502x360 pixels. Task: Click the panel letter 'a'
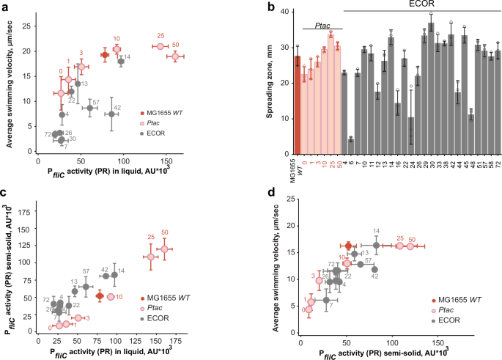pyautogui.click(x=6, y=8)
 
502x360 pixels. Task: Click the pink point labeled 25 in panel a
pyautogui.click(x=160, y=46)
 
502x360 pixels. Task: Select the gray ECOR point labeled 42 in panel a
pyautogui.click(x=111, y=114)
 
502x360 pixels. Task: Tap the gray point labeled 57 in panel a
pyautogui.click(x=89, y=108)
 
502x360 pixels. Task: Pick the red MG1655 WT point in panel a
pyautogui.click(x=105, y=55)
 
